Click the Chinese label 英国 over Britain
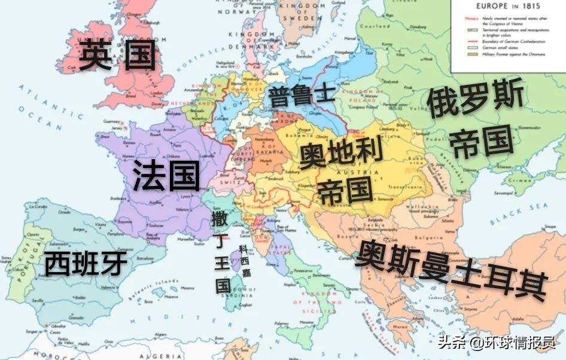(117, 56)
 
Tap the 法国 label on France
(166, 175)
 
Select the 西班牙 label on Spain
(87, 264)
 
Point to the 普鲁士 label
(301, 95)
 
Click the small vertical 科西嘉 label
(245, 261)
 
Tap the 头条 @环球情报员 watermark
(497, 342)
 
